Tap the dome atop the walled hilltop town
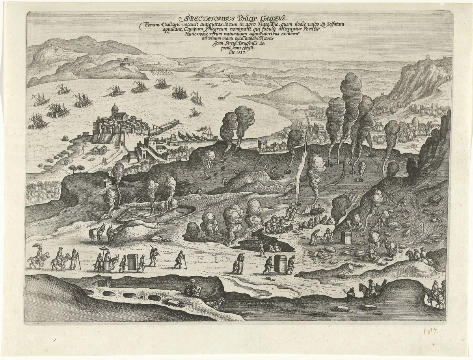point(114,109)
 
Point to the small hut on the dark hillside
point(105,182)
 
